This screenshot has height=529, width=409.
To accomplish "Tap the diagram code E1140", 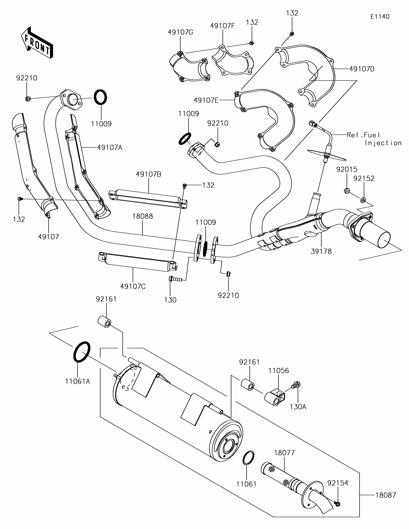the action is (x=380, y=17).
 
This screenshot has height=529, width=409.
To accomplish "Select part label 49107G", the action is (x=180, y=32).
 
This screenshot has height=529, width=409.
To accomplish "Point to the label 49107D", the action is (x=362, y=69).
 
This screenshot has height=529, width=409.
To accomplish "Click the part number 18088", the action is (x=143, y=216).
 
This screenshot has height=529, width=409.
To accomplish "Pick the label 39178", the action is (x=321, y=251).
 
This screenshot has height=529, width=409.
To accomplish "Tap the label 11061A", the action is (x=78, y=388).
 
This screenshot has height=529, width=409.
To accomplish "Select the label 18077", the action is (x=285, y=453).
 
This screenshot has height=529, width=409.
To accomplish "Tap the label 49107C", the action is (x=133, y=286).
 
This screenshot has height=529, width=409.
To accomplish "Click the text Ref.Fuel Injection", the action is (x=374, y=139).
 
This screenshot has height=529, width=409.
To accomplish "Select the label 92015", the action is (x=347, y=169).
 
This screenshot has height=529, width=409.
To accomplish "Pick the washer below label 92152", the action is (x=363, y=199).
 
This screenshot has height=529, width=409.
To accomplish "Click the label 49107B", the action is (x=149, y=174).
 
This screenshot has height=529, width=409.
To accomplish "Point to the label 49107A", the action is (x=110, y=147).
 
